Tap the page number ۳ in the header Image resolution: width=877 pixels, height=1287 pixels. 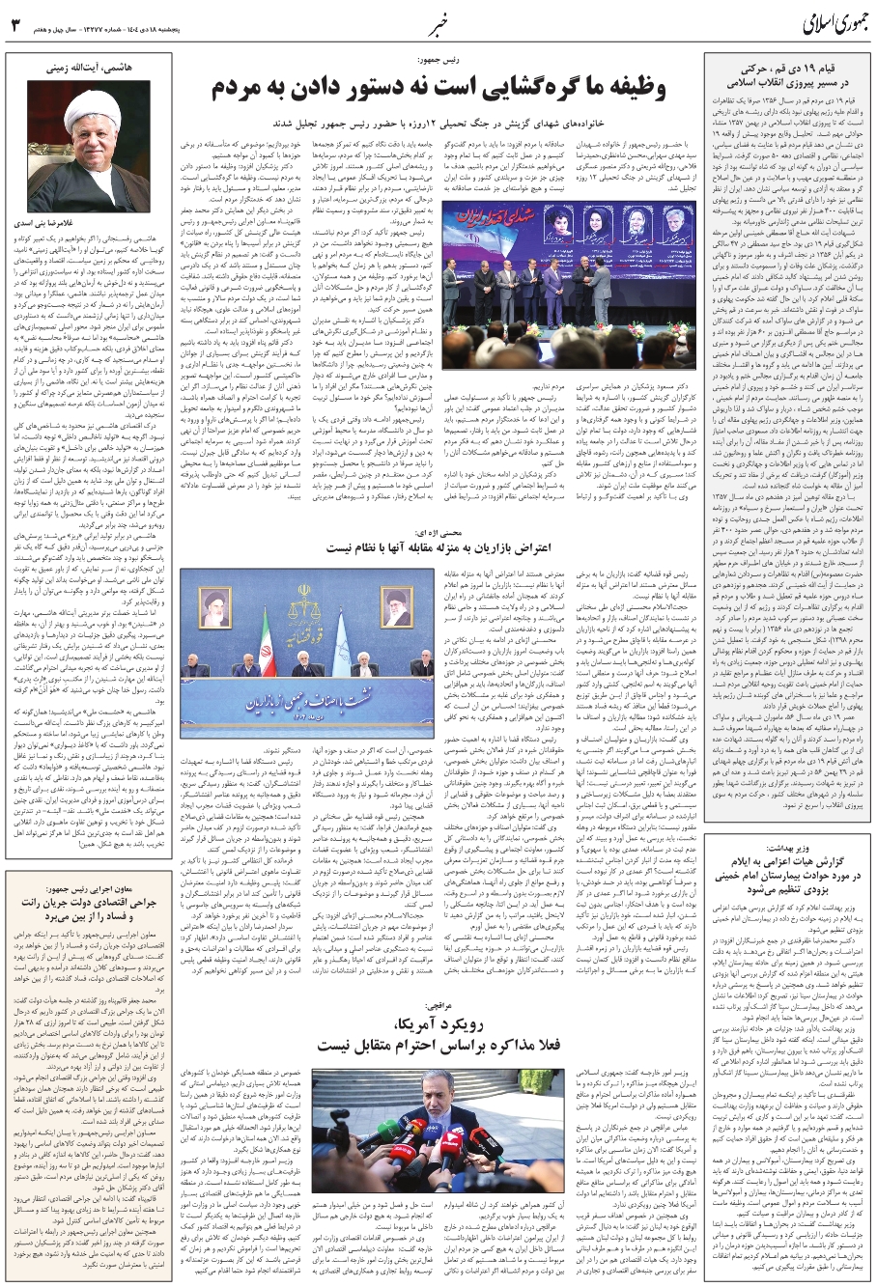[14, 22]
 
